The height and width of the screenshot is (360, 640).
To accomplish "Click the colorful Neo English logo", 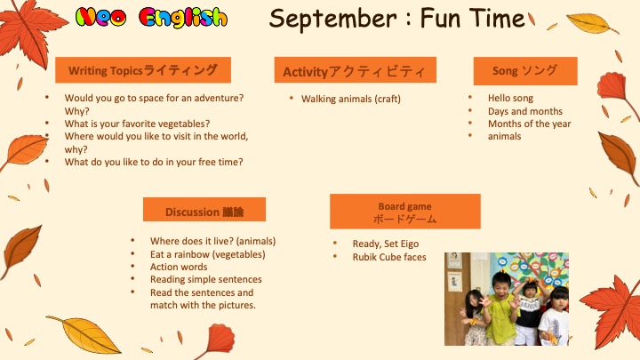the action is [151, 18].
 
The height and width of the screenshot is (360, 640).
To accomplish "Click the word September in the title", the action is [332, 19].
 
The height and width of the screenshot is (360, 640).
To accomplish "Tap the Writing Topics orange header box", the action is [143, 70].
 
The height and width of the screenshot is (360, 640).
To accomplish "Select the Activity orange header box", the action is [355, 70].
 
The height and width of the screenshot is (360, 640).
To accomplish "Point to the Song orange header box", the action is [525, 70].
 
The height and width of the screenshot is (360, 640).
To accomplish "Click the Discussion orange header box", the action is [204, 210].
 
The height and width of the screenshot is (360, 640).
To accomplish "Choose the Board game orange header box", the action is [405, 211].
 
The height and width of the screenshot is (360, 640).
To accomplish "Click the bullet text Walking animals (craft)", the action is [351, 99].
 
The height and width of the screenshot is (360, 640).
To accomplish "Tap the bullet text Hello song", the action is [510, 98].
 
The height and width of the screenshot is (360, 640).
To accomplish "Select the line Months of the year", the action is [530, 124].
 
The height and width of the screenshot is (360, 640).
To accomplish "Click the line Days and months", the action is [525, 111].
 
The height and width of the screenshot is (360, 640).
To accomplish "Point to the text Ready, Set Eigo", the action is [386, 244].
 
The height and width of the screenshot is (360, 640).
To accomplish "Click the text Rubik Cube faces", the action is [389, 257].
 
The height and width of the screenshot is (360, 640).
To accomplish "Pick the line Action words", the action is [179, 267].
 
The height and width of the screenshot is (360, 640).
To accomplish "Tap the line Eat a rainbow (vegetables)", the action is [208, 254].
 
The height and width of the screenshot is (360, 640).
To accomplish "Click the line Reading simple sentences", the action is [206, 280].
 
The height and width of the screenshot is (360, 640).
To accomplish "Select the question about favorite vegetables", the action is [137, 124].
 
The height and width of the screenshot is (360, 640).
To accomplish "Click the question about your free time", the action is [154, 162].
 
